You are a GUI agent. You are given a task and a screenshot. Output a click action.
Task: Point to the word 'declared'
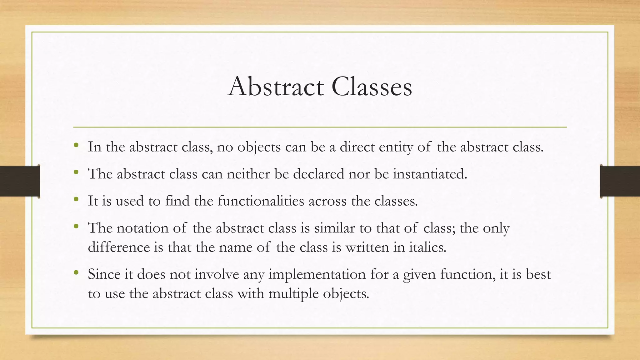318,174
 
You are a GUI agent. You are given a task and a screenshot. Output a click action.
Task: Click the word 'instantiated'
430,174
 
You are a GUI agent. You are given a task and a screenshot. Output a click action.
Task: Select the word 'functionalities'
261,201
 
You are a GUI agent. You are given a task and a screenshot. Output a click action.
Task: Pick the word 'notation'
142,228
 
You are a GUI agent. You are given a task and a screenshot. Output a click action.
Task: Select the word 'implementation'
317,275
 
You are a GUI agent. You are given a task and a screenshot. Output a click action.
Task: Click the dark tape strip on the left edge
20,181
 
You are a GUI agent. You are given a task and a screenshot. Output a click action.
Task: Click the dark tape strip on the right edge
620,181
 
